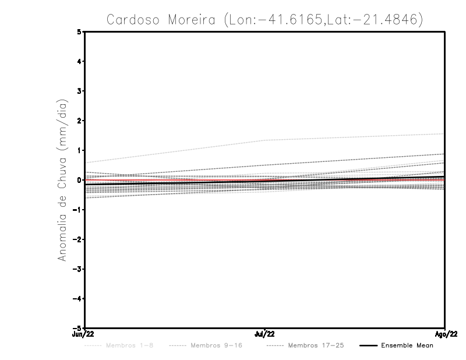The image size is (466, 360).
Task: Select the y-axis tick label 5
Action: click(x=79, y=32)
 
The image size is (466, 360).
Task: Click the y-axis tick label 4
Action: click(x=79, y=62)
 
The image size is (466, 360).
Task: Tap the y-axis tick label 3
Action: click(x=79, y=91)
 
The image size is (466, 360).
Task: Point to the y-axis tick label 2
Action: click(x=79, y=121)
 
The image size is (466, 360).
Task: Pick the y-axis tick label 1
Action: click(x=79, y=150)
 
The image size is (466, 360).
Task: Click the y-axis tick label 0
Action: click(x=79, y=180)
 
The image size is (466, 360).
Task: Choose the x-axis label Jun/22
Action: click(x=84, y=334)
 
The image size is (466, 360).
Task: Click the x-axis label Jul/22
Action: click(x=265, y=334)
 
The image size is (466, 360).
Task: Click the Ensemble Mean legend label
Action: click(x=407, y=346)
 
